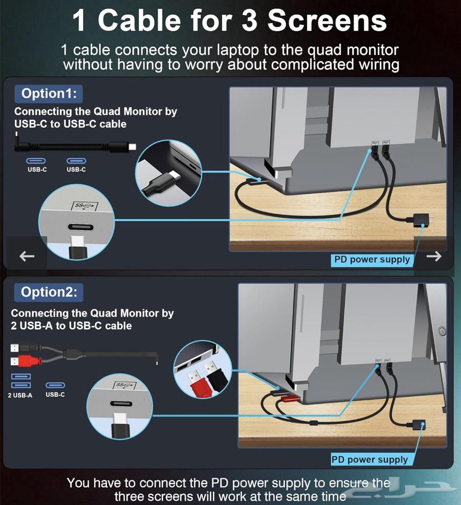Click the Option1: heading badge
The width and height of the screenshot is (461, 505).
click(49, 93)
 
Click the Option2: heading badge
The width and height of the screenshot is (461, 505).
click(49, 292)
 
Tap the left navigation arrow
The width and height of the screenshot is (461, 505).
click(27, 256)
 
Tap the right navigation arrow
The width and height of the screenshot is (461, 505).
click(434, 256)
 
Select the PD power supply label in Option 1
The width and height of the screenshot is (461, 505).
click(372, 260)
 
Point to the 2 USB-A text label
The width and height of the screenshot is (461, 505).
click(20, 395)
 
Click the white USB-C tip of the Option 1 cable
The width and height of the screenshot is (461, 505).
click(132, 147)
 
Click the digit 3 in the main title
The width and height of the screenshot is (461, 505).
click(249, 20)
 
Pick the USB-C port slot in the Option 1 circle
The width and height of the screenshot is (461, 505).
click(80, 227)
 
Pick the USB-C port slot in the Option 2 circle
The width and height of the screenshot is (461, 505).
click(121, 404)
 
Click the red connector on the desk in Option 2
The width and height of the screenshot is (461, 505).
click(289, 399)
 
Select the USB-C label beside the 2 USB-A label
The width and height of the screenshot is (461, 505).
click(55, 394)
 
